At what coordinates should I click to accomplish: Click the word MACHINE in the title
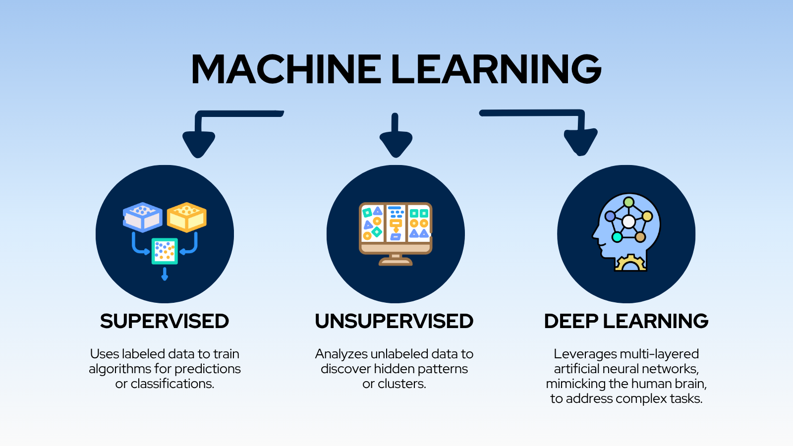[x=286, y=69]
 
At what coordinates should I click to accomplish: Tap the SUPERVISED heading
[x=165, y=321]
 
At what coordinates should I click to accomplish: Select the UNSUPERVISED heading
[x=394, y=321]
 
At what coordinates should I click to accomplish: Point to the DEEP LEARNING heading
[x=626, y=321]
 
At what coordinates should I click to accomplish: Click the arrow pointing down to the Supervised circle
[x=199, y=141]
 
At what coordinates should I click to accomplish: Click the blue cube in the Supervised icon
[x=143, y=217]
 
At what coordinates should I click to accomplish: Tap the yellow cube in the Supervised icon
[x=187, y=217]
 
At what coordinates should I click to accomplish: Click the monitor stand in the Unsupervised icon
[x=396, y=260]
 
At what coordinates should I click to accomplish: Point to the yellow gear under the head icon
[x=630, y=263]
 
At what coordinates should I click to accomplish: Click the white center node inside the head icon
[x=628, y=222]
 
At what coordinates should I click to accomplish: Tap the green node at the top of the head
[x=629, y=202]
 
